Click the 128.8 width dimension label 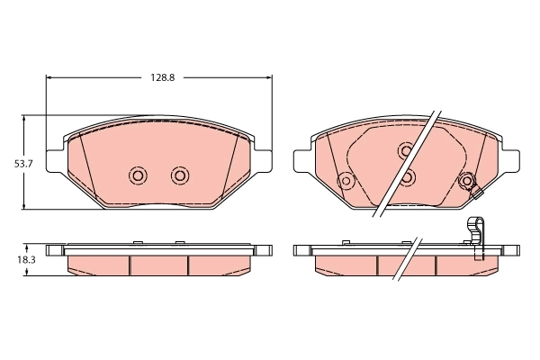click(x=160, y=78)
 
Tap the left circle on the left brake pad click(x=138, y=175)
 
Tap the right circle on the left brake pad click(x=180, y=175)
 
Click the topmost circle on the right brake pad click(x=406, y=149)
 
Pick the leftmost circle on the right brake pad click(x=344, y=181)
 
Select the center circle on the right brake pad click(x=407, y=176)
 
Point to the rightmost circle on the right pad click(x=466, y=181)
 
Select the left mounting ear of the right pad click(x=302, y=159)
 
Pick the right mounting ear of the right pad click(x=511, y=159)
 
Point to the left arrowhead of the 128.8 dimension click(x=50, y=78)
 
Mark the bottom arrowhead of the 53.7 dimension click(x=24, y=206)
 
